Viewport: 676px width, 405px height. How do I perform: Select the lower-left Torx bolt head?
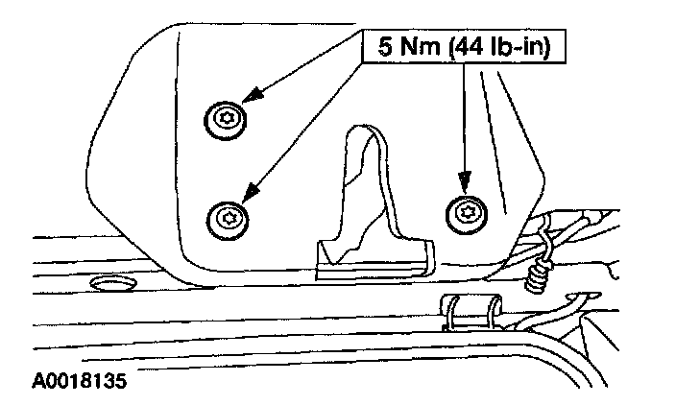point(228,217)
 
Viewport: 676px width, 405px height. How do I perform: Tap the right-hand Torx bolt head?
point(468,213)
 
